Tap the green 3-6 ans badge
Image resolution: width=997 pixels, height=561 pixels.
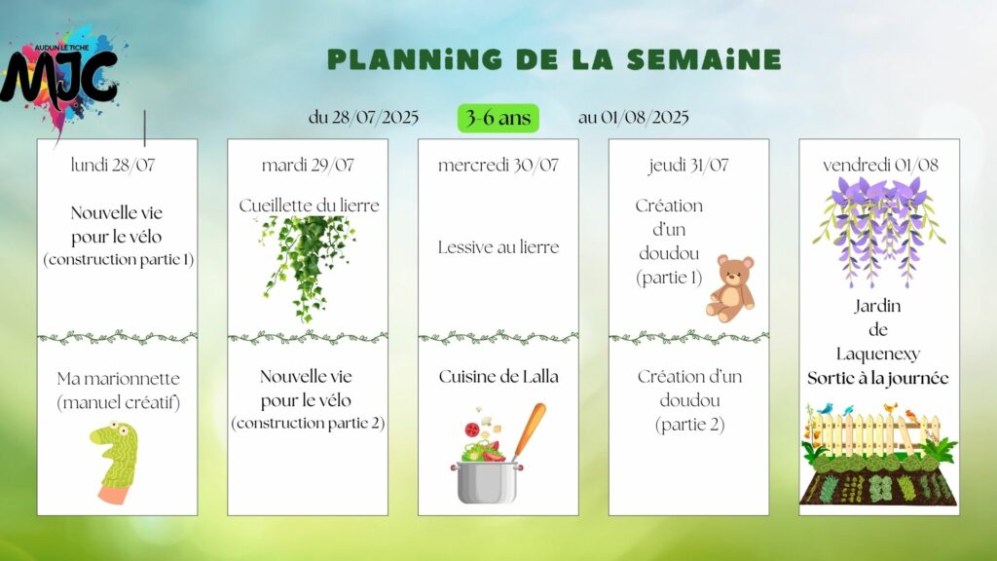(x=498, y=118)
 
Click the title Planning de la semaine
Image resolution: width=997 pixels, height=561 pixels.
(x=554, y=59)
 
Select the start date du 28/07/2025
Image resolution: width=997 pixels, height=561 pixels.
(x=363, y=118)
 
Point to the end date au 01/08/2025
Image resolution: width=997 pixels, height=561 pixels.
(x=633, y=118)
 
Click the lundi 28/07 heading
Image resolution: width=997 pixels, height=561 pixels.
(x=113, y=166)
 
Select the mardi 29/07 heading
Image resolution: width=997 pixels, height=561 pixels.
(x=308, y=166)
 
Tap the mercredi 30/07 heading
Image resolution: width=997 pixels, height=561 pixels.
(x=498, y=166)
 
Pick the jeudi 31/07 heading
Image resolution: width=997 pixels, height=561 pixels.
(x=688, y=166)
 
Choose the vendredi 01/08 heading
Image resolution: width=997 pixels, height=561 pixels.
(x=880, y=166)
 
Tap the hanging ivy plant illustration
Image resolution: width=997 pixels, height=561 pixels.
(x=307, y=267)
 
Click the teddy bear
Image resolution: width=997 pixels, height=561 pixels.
(x=731, y=288)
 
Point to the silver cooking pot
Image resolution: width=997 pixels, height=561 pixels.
(x=487, y=482)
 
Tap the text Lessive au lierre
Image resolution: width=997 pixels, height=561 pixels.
(x=498, y=247)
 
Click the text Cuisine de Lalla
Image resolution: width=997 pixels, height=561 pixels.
(x=498, y=377)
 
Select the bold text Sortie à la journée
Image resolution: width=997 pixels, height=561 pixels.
(x=878, y=379)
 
